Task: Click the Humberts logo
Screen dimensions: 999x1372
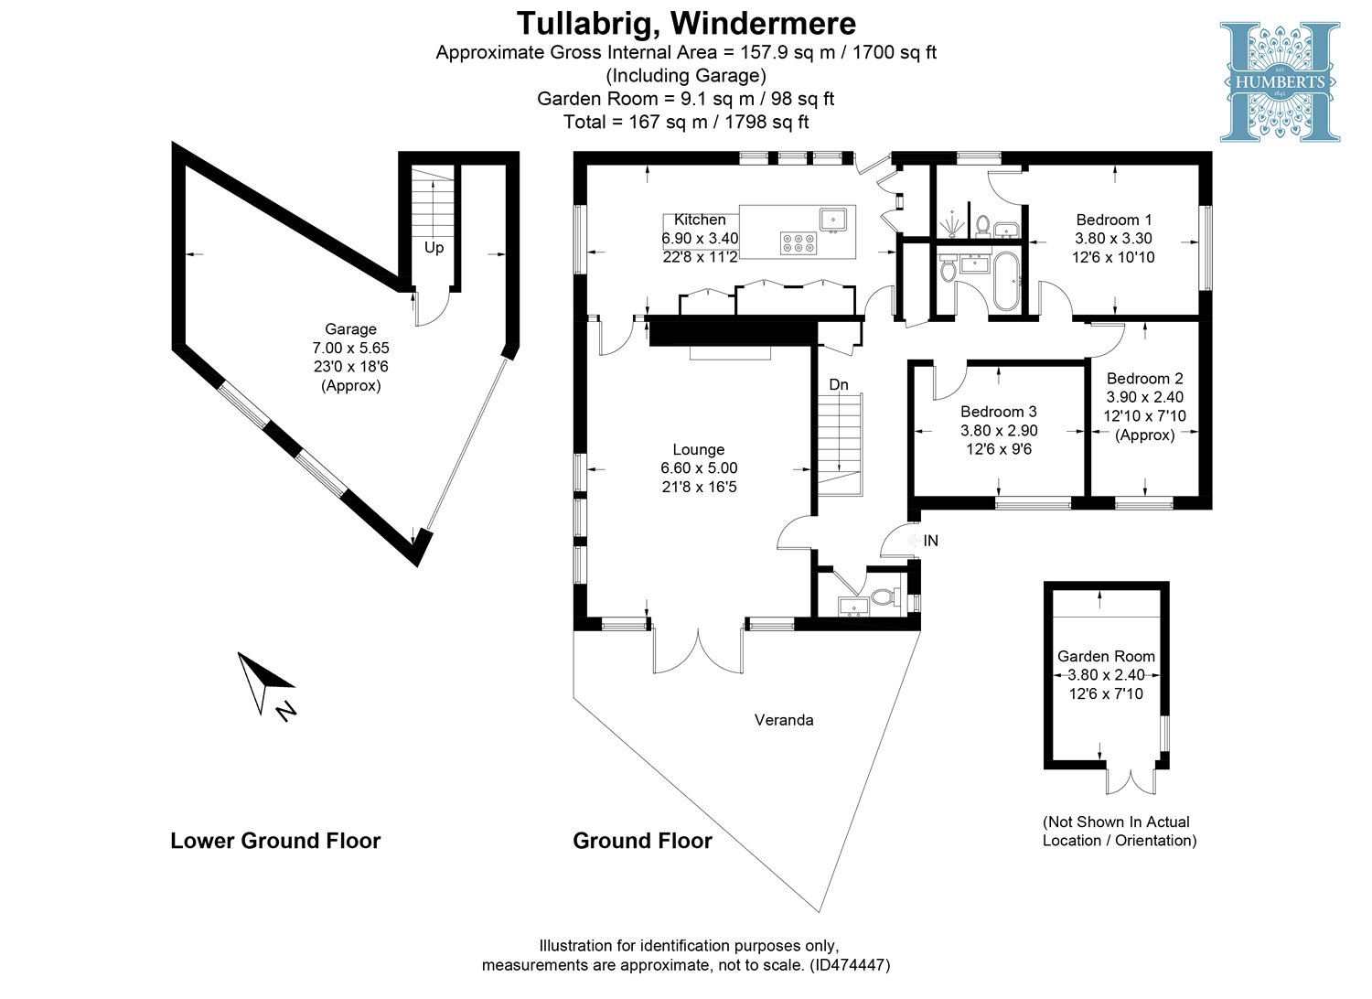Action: click(1279, 81)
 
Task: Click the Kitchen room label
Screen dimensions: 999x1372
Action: click(700, 220)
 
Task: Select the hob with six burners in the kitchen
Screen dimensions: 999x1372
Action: click(798, 242)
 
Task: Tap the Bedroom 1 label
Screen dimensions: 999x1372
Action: click(1113, 220)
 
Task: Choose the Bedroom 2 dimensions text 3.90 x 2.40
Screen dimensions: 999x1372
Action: click(1144, 397)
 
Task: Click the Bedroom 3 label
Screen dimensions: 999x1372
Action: click(998, 412)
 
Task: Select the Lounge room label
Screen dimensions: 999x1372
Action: click(699, 449)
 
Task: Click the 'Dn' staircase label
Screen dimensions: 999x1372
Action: click(839, 384)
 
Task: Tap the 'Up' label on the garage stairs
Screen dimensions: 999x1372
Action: click(434, 248)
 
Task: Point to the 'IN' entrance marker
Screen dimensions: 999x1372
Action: click(930, 541)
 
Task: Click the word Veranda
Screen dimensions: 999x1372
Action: click(784, 720)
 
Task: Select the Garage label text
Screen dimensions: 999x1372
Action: click(350, 329)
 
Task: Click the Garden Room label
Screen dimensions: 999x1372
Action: click(1106, 656)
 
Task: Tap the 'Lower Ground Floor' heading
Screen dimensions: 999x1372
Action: click(275, 841)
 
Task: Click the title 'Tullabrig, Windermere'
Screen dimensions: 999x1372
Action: click(686, 22)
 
